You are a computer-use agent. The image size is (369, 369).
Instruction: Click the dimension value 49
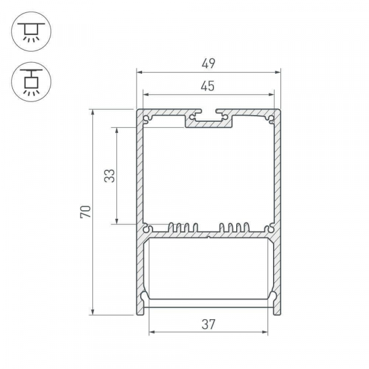point(208,63)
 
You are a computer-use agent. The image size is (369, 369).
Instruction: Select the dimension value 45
point(208,86)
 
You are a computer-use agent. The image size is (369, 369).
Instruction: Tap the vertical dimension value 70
point(85,212)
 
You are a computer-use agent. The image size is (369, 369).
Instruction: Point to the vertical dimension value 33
point(109,176)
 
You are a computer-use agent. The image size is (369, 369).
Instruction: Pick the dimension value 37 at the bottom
point(208,324)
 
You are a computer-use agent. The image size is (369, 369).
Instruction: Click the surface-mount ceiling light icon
point(31,31)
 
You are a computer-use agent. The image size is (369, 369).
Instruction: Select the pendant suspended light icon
point(31,82)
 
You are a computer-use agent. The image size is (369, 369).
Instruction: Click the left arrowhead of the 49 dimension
point(140,72)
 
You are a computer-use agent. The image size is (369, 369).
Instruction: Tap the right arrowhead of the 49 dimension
point(278,72)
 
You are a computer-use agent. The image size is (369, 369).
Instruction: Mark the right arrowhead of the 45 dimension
point(271,95)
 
